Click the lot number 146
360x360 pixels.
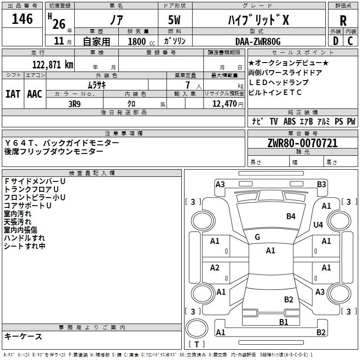click(x=22, y=19)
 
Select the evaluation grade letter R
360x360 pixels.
click(x=343, y=20)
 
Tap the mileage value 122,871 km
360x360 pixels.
click(x=53, y=65)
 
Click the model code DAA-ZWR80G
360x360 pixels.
click(x=258, y=41)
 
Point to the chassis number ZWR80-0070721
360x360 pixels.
click(x=302, y=143)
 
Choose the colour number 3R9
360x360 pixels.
click(x=75, y=104)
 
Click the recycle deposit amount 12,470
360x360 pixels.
click(x=225, y=104)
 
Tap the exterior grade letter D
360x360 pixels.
click(x=336, y=41)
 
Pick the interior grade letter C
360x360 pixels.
click(x=350, y=41)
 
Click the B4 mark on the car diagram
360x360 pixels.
click(x=291, y=216)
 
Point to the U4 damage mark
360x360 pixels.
click(x=318, y=225)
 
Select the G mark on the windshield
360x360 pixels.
click(x=257, y=237)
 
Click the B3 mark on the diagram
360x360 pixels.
click(x=321, y=184)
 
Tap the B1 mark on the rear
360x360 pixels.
click(x=283, y=322)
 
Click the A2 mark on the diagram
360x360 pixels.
click(x=215, y=268)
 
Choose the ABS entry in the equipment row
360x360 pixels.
click(x=289, y=121)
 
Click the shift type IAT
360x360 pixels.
click(x=13, y=94)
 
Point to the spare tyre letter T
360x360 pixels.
click(x=197, y=344)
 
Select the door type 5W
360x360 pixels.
click(x=174, y=20)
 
